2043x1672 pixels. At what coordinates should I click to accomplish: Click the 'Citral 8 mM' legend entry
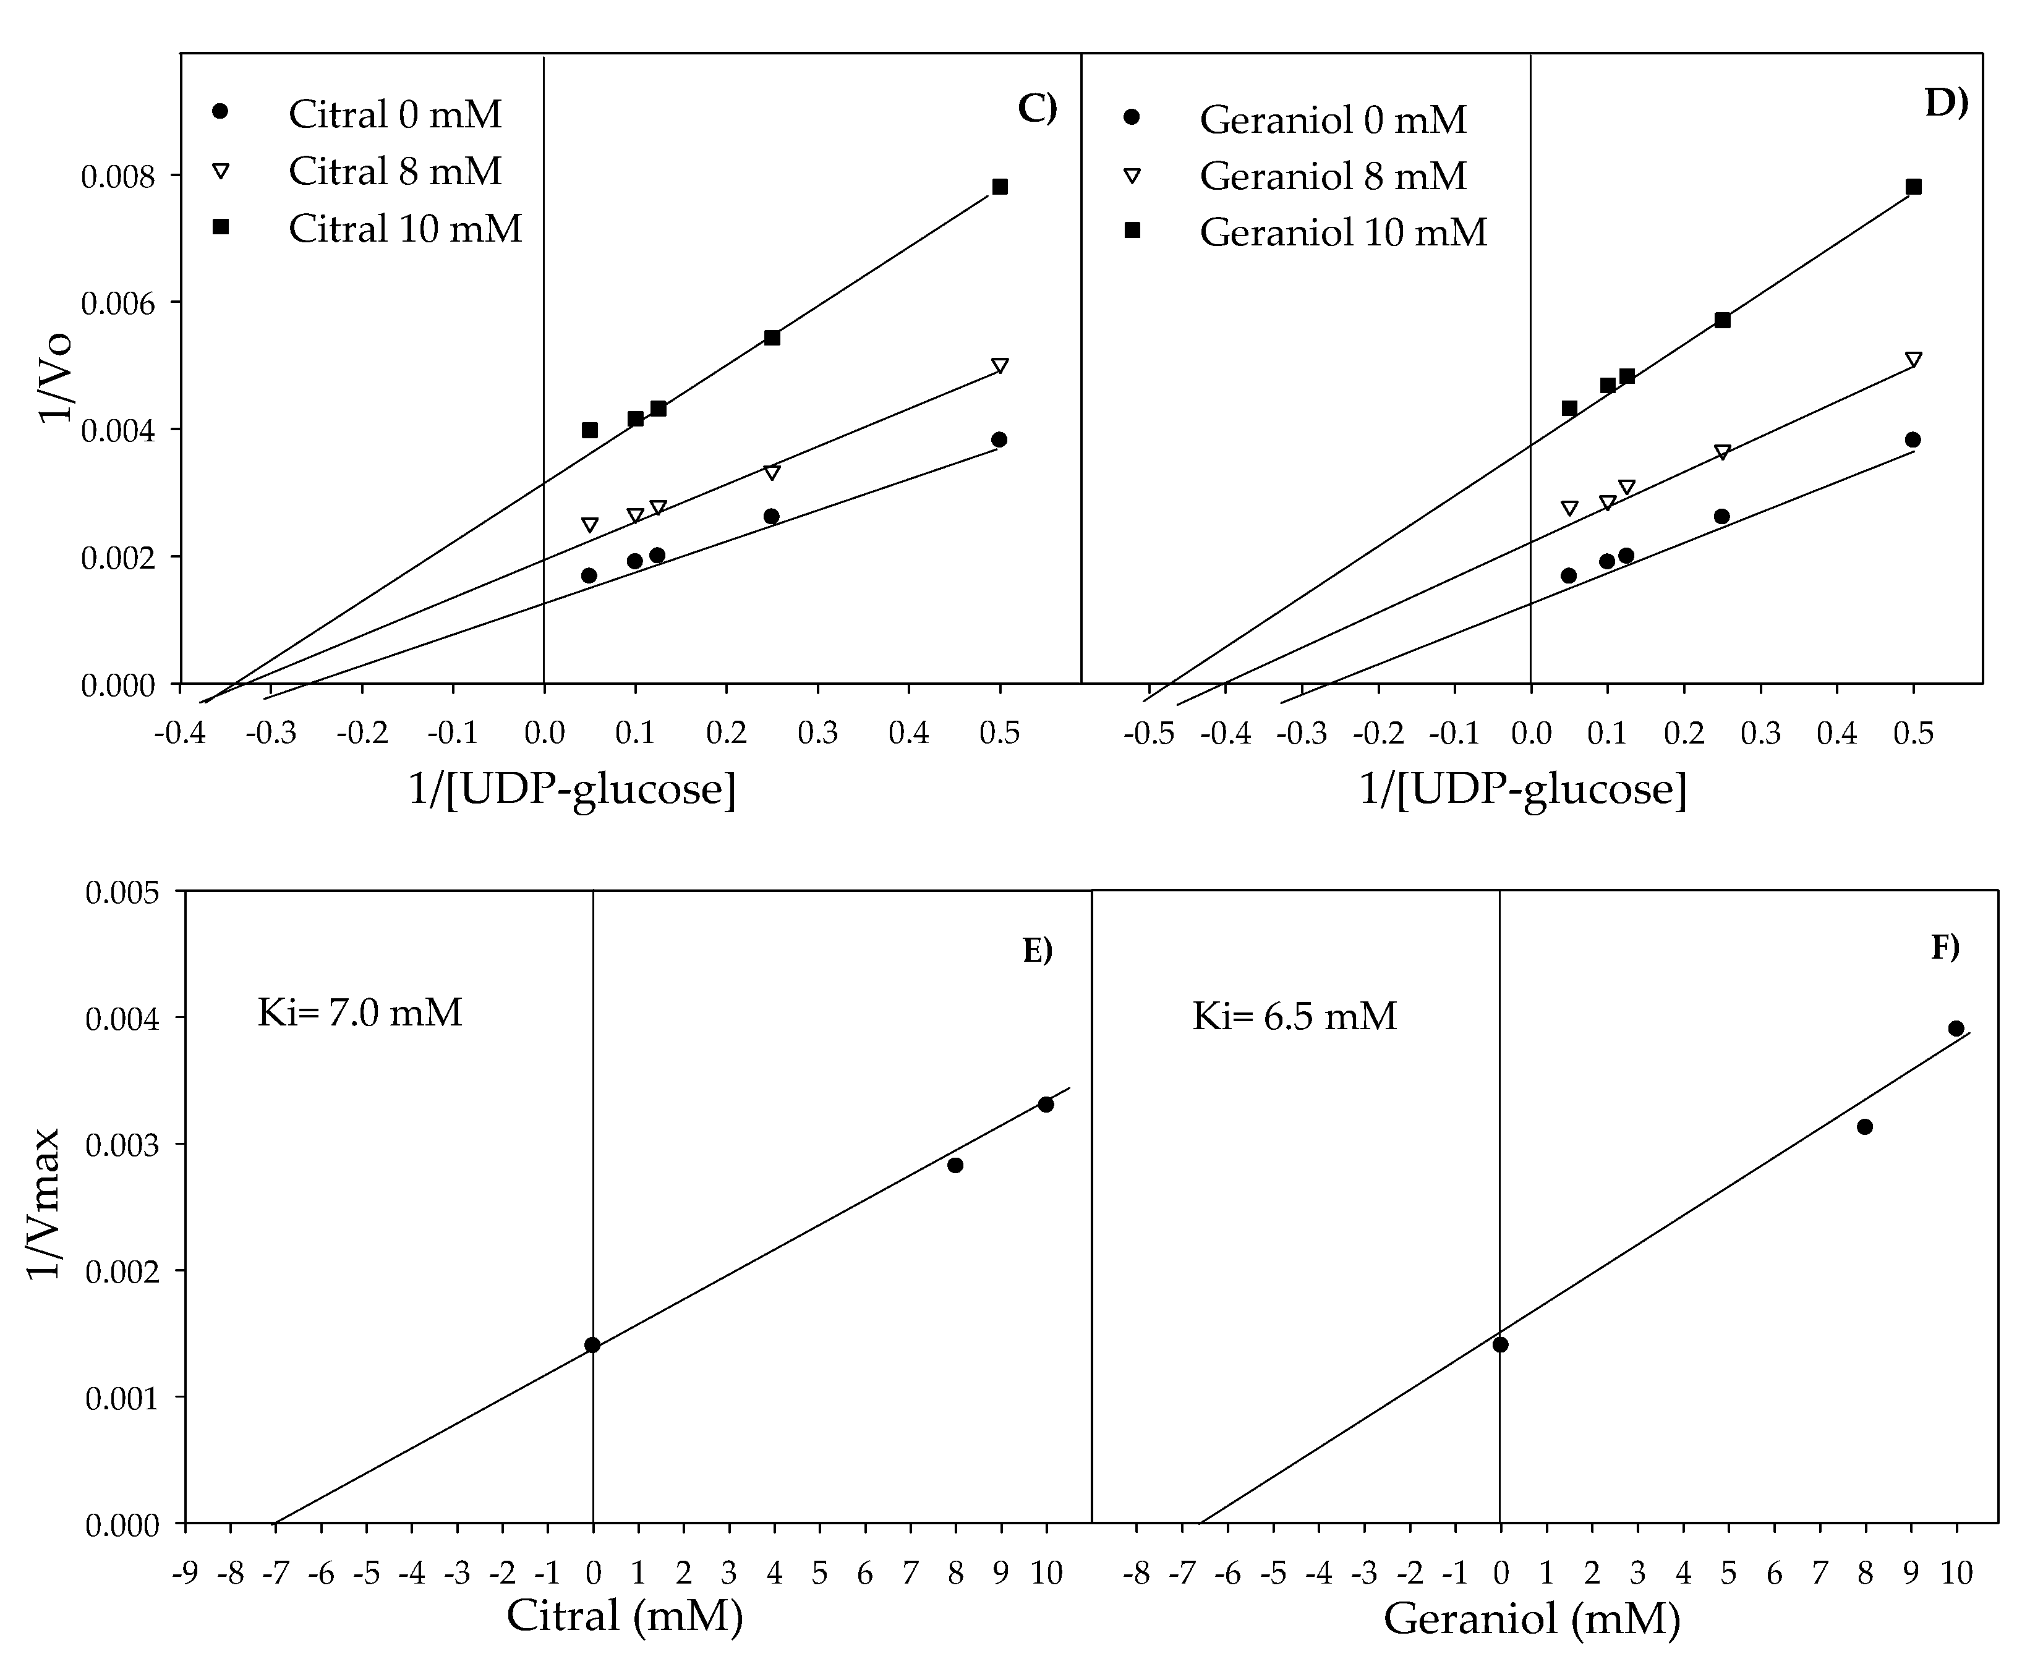[x=395, y=171]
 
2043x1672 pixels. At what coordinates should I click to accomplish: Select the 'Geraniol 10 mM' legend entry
[x=1343, y=232]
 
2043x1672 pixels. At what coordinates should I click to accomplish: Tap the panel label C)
[x=1038, y=108]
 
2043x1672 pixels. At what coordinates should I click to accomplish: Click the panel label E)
[x=1038, y=951]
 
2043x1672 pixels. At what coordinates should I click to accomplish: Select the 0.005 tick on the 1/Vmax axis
[x=123, y=893]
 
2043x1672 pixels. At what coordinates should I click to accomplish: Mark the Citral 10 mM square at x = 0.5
[x=1000, y=187]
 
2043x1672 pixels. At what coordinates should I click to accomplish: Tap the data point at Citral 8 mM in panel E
[x=955, y=1165]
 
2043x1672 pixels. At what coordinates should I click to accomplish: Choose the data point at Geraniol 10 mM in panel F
[x=1955, y=1029]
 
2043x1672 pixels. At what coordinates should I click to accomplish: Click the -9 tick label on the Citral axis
[x=184, y=1574]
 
